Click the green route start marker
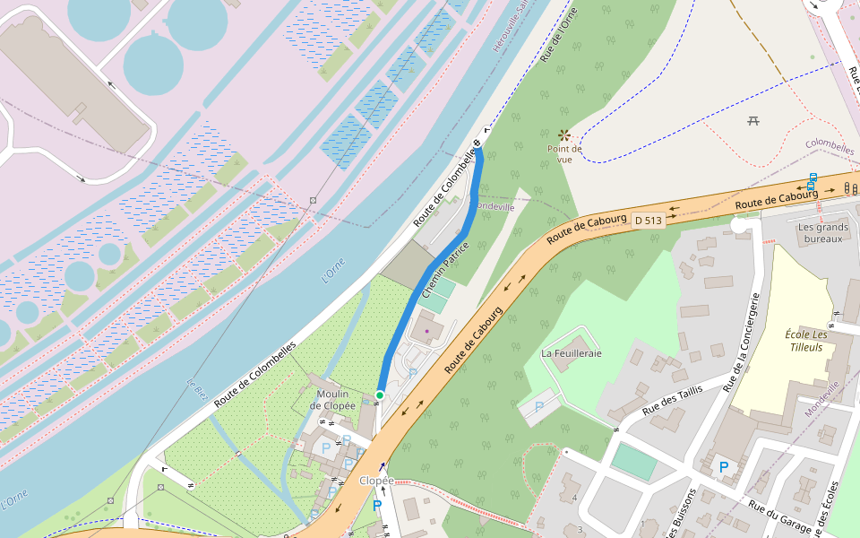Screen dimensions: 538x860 pyautogui.click(x=380, y=395)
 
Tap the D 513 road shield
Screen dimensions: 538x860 pyautogui.click(x=648, y=220)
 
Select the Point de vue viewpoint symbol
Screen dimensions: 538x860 pyautogui.click(x=564, y=134)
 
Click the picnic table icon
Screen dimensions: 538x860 pyautogui.click(x=753, y=120)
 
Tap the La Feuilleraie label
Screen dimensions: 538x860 pyautogui.click(x=572, y=353)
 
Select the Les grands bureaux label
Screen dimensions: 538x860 pyautogui.click(x=823, y=233)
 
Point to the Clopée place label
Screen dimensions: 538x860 pyautogui.click(x=376, y=481)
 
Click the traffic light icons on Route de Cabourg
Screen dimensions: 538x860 pyautogui.click(x=850, y=188)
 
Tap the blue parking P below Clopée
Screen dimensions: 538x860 pyautogui.click(x=377, y=507)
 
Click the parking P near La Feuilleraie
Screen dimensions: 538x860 pyautogui.click(x=539, y=407)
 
